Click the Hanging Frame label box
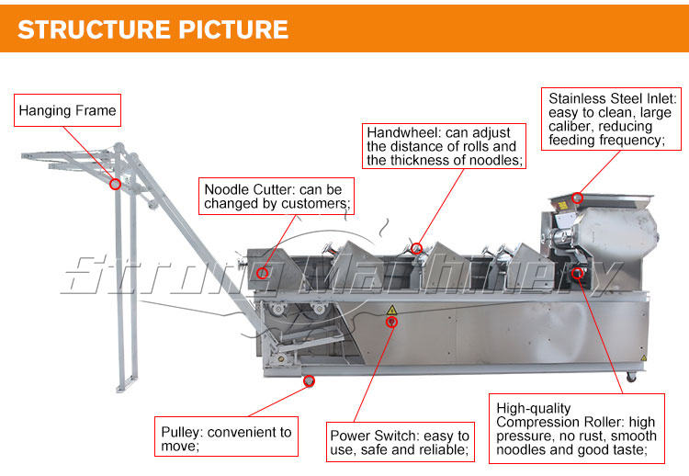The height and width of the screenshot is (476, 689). point(68,111)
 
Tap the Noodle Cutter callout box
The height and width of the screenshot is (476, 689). point(277,197)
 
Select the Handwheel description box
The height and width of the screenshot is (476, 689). point(444,146)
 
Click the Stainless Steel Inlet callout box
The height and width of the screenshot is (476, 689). point(613,119)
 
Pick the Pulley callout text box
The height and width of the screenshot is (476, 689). point(226,438)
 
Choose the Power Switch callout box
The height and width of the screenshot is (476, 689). point(399,442)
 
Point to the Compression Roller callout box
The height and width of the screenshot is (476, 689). point(576,429)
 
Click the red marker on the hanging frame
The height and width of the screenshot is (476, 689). point(115,184)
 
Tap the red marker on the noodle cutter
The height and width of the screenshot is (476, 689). point(263,272)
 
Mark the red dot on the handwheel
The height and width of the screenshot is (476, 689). point(416,248)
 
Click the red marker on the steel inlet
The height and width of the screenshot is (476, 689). point(577,197)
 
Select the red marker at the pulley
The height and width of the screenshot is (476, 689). point(309,380)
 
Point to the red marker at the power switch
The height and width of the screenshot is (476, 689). point(392,322)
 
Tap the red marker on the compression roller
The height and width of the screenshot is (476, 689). point(577,272)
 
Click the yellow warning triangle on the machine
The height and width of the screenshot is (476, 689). point(391,310)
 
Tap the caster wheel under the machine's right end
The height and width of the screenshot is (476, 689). point(631,377)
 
